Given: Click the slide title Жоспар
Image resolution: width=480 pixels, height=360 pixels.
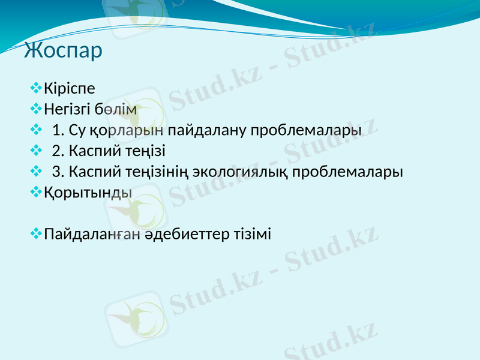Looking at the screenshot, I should point(63,50).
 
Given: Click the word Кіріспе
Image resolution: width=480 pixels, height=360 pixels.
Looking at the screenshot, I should point(69,89).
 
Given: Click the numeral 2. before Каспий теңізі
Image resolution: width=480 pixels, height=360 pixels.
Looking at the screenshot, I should point(58,151).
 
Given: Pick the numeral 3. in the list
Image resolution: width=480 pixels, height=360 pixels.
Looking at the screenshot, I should point(58,172).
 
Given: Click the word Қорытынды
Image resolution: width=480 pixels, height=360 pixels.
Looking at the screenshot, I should point(88,193).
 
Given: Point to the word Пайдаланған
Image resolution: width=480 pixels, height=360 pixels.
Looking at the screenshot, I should point(92,234).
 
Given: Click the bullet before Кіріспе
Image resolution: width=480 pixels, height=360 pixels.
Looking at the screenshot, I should point(36,89).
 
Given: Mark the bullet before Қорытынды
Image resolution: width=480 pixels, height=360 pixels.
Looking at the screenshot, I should point(36,192).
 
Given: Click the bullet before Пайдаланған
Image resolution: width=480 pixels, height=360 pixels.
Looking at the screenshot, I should point(36,233).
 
